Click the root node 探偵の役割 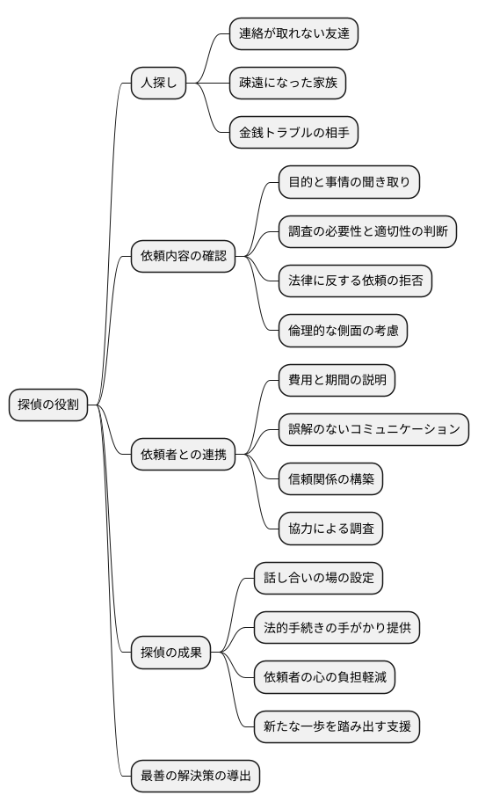click(x=48, y=405)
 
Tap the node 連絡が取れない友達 click(x=293, y=34)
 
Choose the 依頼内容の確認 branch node click(x=184, y=257)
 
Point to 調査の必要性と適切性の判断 click(x=367, y=232)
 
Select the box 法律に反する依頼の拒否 click(x=349, y=281)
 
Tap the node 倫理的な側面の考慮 click(x=343, y=331)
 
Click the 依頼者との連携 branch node click(x=184, y=455)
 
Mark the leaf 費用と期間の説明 click(x=337, y=380)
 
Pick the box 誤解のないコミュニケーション click(x=373, y=429)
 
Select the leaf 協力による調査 click(x=330, y=529)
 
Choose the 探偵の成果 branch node click(x=171, y=653)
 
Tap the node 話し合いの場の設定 click(x=318, y=579)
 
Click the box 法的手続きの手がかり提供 click(x=337, y=628)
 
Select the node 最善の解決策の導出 click(x=196, y=776)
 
